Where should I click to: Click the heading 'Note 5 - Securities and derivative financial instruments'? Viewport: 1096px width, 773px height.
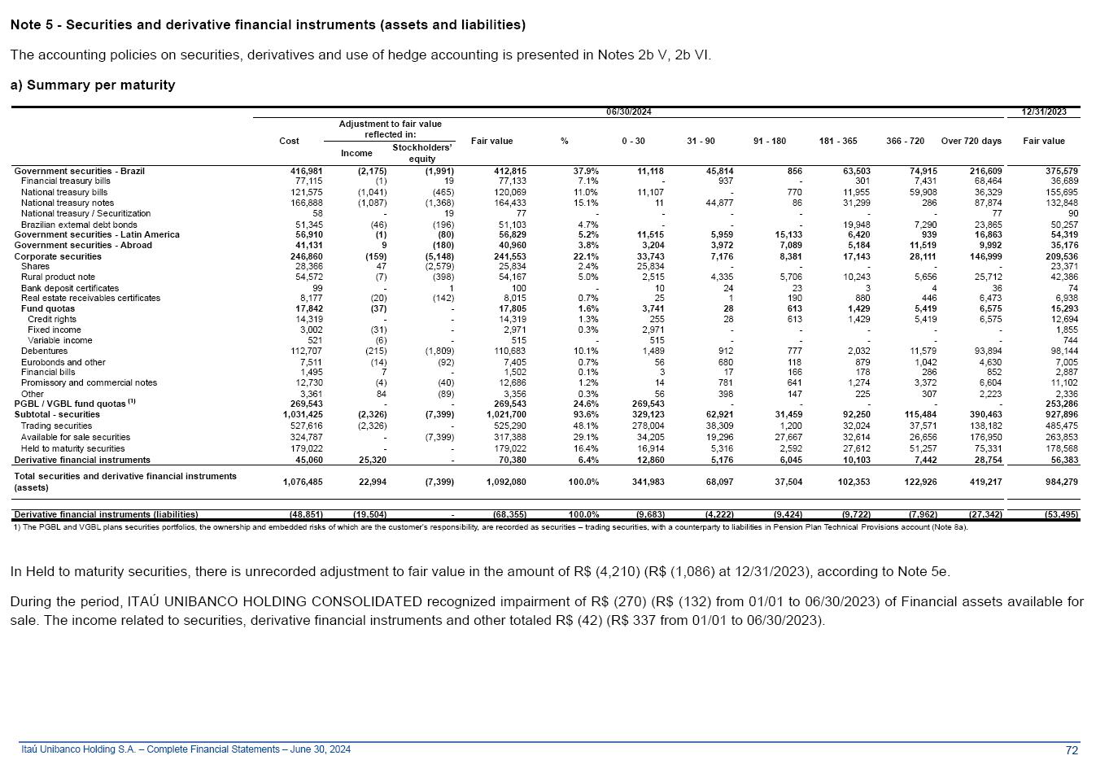268,25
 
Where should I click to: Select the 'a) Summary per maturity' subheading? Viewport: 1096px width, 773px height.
93,85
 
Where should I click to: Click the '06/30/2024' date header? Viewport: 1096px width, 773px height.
628,111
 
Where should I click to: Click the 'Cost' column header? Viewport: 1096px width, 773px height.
289,141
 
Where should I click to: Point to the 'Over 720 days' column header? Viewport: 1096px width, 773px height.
971,141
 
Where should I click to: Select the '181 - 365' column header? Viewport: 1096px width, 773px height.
838,141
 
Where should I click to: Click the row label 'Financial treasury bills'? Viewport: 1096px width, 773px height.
66,181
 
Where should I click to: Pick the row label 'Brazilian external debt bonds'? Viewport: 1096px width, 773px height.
79,225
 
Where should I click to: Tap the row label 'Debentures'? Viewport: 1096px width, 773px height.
44,351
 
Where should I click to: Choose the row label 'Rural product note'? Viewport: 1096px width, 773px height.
58,277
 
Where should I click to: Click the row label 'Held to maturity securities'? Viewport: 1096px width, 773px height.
72,448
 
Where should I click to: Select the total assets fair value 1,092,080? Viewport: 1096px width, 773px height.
506,482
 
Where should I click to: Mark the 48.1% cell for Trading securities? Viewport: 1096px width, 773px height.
587,426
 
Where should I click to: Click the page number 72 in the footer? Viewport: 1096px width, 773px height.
1072,749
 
